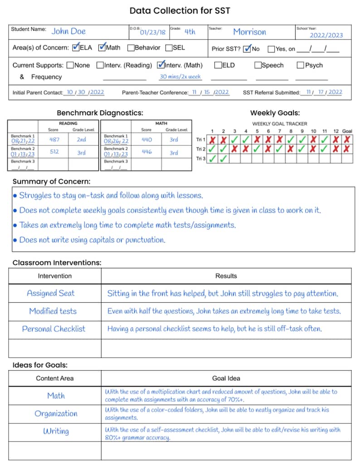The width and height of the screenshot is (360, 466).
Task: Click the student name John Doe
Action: pyautogui.click(x=68, y=31)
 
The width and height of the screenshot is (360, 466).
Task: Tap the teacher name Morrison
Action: pyautogui.click(x=249, y=32)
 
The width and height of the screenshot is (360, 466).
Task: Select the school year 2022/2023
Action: pyautogui.click(x=326, y=35)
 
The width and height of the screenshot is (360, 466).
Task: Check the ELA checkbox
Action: pyautogui.click(x=76, y=47)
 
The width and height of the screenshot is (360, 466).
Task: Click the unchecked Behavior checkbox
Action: pyautogui.click(x=131, y=48)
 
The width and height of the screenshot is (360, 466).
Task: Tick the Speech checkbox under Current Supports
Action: pyautogui.click(x=258, y=65)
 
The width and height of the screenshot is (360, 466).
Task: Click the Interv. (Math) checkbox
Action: pyautogui.click(x=161, y=65)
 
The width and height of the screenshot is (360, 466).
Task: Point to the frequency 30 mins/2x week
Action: pyautogui.click(x=180, y=77)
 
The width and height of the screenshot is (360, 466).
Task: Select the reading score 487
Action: pyautogui.click(x=54, y=140)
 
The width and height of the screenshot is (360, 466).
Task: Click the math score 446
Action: pyautogui.click(x=146, y=152)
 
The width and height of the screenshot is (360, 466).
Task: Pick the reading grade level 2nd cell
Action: pyautogui.click(x=82, y=140)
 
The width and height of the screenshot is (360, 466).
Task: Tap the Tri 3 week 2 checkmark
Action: pyautogui.click(x=223, y=159)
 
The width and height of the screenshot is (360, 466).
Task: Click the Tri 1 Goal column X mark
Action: pyautogui.click(x=347, y=140)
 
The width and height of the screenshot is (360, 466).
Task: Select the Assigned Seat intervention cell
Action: pyautogui.click(x=51, y=293)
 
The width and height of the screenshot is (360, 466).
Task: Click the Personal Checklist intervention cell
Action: pyautogui.click(x=54, y=329)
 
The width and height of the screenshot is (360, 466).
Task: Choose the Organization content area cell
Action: pyautogui.click(x=56, y=413)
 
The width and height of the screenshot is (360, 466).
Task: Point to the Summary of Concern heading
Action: pyautogui.click(x=51, y=181)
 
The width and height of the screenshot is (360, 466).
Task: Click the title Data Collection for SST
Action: pyautogui.click(x=180, y=10)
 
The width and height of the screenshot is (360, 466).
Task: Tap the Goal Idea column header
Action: pyautogui.click(x=226, y=378)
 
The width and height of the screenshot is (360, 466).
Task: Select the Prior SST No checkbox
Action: pyautogui.click(x=247, y=49)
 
